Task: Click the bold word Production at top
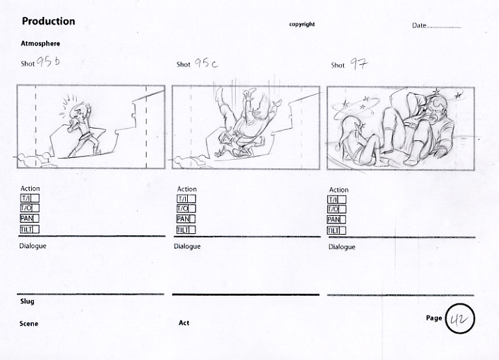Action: pyautogui.click(x=48, y=21)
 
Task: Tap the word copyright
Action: pyautogui.click(x=301, y=24)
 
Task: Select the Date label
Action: pyautogui.click(x=419, y=25)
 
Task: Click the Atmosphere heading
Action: pyautogui.click(x=40, y=44)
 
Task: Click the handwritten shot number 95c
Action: pyautogui.click(x=206, y=63)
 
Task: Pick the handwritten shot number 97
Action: pyautogui.click(x=359, y=64)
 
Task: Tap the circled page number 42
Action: pyautogui.click(x=460, y=318)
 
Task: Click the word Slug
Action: pyautogui.click(x=27, y=301)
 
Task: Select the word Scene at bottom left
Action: pyautogui.click(x=29, y=324)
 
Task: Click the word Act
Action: pyautogui.click(x=184, y=323)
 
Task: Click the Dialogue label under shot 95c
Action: pyautogui.click(x=187, y=246)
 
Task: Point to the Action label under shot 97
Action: pyautogui.click(x=339, y=190)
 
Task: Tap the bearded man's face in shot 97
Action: pyautogui.click(x=435, y=110)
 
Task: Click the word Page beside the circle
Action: pyautogui.click(x=434, y=318)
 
